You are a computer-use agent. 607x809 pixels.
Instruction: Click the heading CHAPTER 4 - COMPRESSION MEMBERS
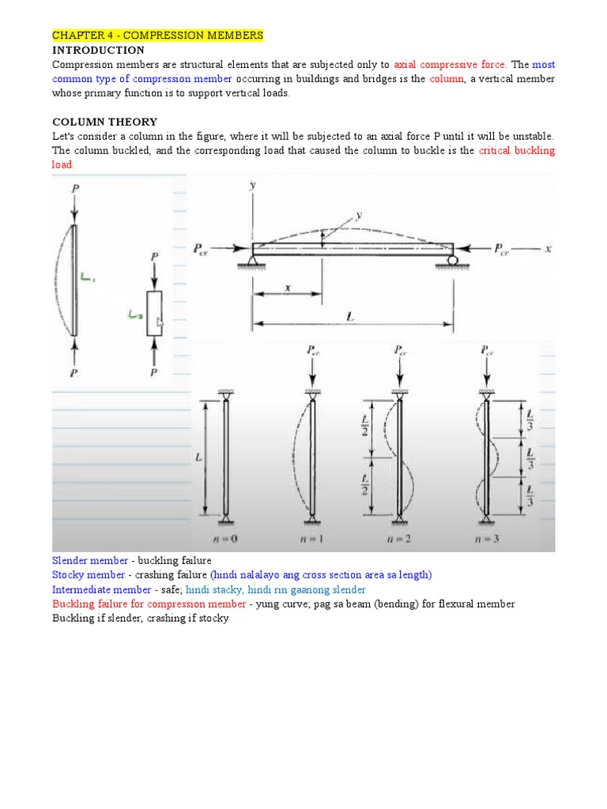(157, 36)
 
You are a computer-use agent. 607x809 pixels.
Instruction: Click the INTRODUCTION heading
(98, 50)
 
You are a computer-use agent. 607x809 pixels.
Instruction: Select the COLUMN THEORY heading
(104, 122)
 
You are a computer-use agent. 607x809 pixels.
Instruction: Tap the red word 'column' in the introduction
(445, 79)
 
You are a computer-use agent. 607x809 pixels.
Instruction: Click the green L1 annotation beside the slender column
(88, 277)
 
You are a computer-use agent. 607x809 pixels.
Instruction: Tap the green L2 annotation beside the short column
(136, 314)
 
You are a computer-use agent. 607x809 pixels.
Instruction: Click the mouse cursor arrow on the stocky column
(160, 322)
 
